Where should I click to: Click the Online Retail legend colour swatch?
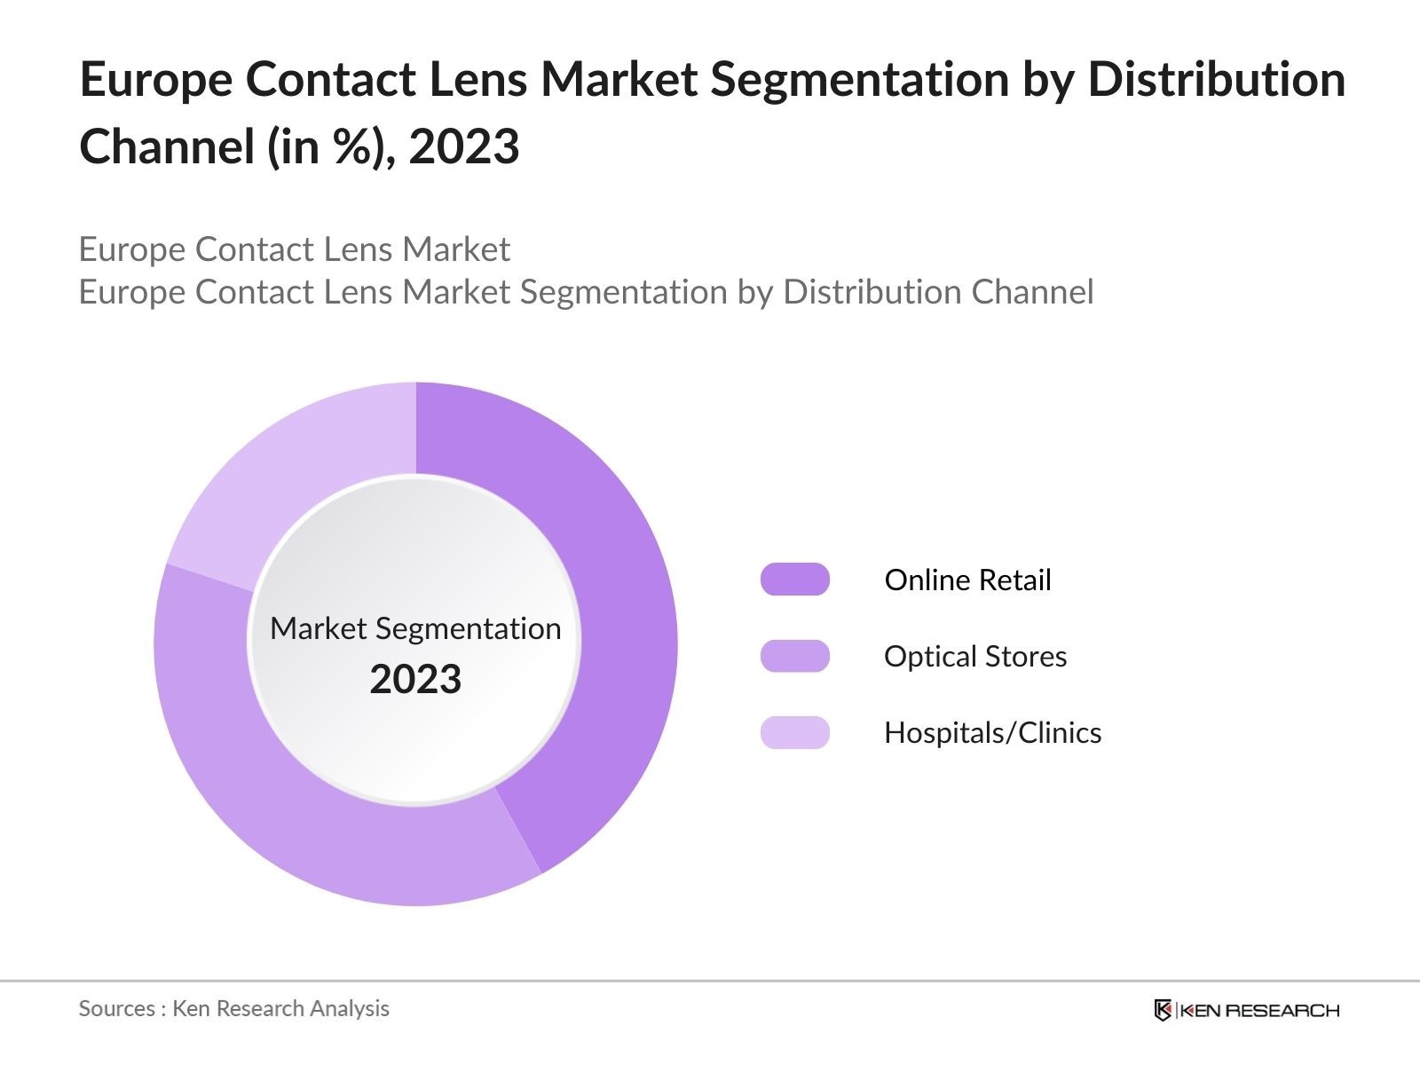click(794, 580)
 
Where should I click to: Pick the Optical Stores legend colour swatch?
click(794, 656)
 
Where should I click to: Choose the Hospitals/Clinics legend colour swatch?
click(794, 732)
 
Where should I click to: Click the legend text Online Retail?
click(967, 580)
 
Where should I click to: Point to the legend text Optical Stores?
click(975, 656)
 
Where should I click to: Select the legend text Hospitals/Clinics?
click(992, 732)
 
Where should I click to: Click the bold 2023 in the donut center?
click(415, 679)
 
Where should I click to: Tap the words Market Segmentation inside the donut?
click(415, 628)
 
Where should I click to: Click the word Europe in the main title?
click(154, 80)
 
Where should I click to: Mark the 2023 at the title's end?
click(463, 146)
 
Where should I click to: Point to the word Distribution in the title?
click(1216, 80)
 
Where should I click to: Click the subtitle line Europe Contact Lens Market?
click(294, 249)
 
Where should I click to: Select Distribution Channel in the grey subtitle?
click(938, 292)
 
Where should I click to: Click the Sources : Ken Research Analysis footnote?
click(233, 1008)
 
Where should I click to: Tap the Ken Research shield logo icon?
click(1163, 1009)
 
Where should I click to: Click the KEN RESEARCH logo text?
click(1259, 1010)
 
